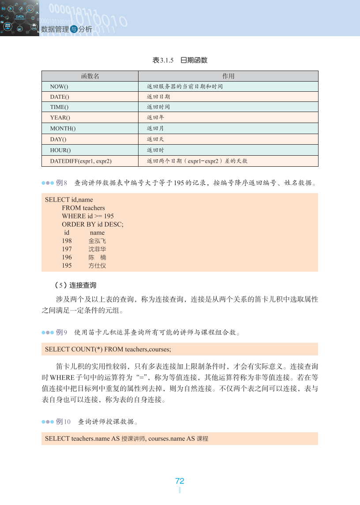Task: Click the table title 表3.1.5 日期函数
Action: pyautogui.click(x=180, y=60)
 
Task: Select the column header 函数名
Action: pyautogui.click(x=90, y=76)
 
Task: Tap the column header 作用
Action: pyautogui.click(x=228, y=76)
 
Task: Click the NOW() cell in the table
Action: pyautogui.click(x=59, y=86)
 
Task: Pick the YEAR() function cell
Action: pyautogui.click(x=60, y=118)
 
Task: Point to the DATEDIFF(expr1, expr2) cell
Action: pyautogui.click(x=81, y=161)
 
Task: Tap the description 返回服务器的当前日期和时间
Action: pyautogui.click(x=184, y=86)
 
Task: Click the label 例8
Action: pyautogui.click(x=62, y=183)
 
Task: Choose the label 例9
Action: pyautogui.click(x=62, y=332)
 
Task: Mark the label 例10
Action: pyautogui.click(x=63, y=422)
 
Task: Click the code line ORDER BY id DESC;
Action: pyautogui.click(x=93, y=224)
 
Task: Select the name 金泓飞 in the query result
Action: pyautogui.click(x=97, y=241)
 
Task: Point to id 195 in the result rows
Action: pyautogui.click(x=67, y=266)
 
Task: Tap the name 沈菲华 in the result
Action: pyautogui.click(x=97, y=249)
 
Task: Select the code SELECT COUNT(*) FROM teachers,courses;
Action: pyautogui.click(x=108, y=349)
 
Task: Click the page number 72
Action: pyautogui.click(x=180, y=481)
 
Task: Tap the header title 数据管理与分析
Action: pyautogui.click(x=66, y=29)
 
